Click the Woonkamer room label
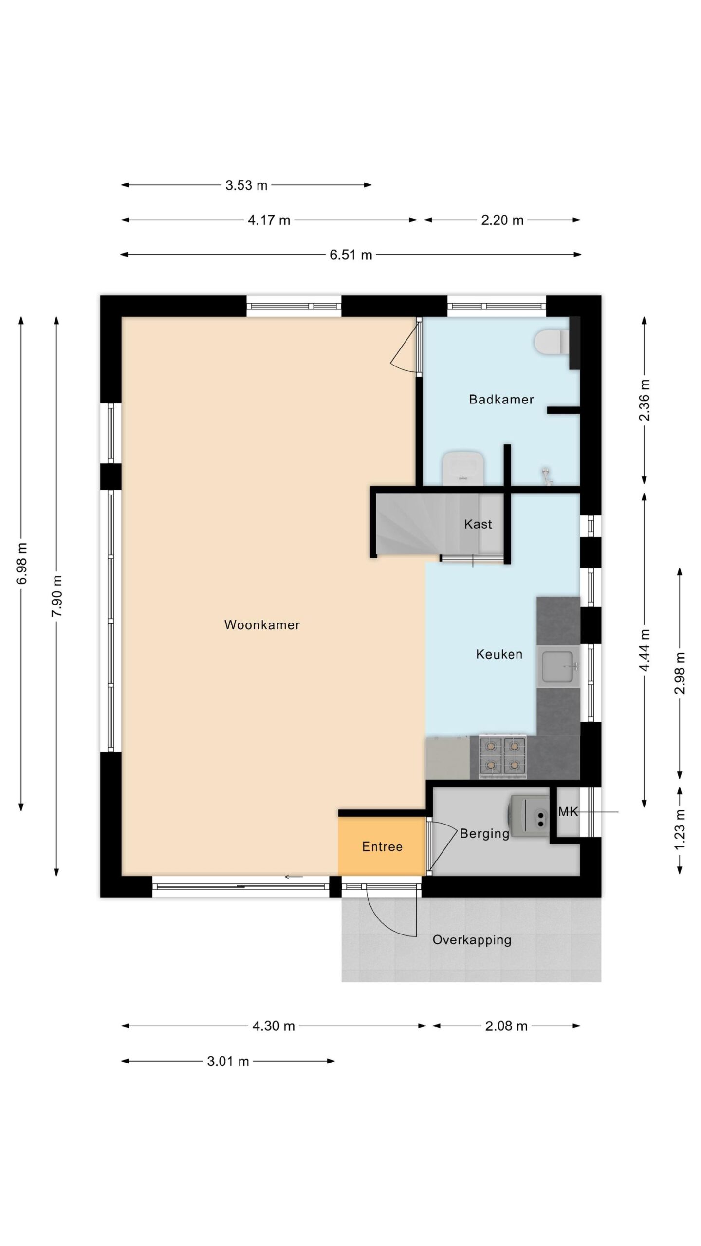tap(262, 625)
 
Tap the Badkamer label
tap(501, 399)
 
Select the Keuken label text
tap(499, 654)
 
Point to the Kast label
tap(478, 524)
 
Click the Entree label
tap(382, 846)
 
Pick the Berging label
tap(484, 834)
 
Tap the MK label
tap(568, 811)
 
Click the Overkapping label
tap(472, 940)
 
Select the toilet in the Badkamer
tap(551, 342)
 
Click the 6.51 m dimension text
tap(351, 255)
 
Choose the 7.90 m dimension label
tap(57, 596)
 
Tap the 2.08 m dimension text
tap(506, 1026)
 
